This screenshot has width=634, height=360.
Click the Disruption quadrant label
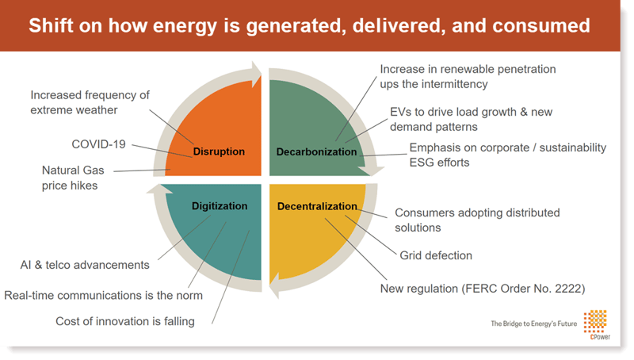tap(219, 151)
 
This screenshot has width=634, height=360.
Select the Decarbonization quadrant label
tap(316, 151)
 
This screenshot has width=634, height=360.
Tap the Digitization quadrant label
tap(220, 206)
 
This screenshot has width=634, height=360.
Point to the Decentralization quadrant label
tap(317, 206)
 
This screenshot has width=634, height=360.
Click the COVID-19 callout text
tap(98, 144)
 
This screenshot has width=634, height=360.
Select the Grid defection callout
tap(436, 255)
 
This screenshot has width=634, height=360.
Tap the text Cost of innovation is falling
tap(125, 321)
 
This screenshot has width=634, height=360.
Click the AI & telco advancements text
tap(85, 265)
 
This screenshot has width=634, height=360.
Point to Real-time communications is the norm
tap(103, 295)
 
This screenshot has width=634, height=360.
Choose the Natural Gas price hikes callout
tap(73, 178)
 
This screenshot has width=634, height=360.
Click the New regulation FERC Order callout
tap(483, 289)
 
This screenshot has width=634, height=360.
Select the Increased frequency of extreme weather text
tap(90, 102)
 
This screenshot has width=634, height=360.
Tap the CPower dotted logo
tap(595, 322)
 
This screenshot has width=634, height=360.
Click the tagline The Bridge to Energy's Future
tap(533, 324)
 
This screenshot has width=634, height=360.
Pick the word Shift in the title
tap(51, 25)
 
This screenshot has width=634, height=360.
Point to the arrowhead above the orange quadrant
tap(256, 75)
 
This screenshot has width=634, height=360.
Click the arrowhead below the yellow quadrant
tap(275, 285)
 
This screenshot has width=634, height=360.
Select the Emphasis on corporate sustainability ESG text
tap(508, 155)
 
